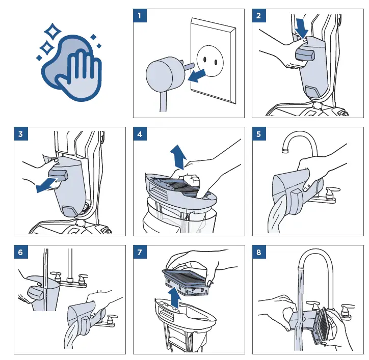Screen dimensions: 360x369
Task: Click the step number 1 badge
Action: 140,16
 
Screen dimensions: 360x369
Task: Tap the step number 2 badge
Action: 259,16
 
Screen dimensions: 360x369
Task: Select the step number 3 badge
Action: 20,134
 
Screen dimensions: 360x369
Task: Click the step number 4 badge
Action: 140,134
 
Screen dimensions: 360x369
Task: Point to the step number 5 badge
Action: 259,134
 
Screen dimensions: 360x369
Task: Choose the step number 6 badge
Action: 20,253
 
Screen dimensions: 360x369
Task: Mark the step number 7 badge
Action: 140,253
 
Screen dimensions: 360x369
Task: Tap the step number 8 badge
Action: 259,253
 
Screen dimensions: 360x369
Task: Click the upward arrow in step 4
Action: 178,155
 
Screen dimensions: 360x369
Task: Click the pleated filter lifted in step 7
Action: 189,278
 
